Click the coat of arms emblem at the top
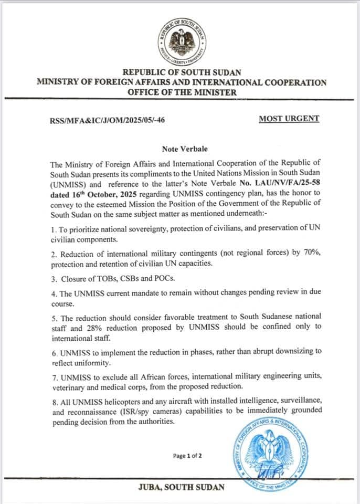[181, 43]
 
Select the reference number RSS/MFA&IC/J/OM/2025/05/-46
[107, 120]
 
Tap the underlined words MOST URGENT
[289, 119]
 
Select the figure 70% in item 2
[301, 254]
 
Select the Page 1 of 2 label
[187, 456]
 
